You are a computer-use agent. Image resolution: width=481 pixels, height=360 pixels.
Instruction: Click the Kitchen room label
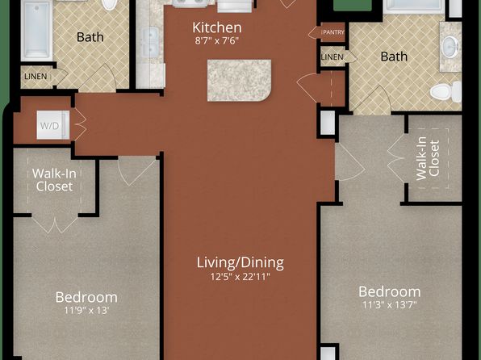pos(217,27)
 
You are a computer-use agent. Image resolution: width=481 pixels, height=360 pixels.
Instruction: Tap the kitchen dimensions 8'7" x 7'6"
pos(217,41)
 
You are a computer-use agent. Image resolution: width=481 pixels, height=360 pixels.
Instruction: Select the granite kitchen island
pos(239,81)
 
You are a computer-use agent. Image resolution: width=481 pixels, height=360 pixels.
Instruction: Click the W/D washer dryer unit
pos(53,125)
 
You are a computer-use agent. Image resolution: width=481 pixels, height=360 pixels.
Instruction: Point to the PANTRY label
pos(333,32)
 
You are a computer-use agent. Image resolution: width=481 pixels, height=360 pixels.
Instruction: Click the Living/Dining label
pos(240,262)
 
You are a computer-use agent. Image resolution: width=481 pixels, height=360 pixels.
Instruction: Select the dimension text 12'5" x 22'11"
pos(240,277)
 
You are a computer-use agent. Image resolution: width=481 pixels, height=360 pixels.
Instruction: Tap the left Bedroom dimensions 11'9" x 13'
pos(86,311)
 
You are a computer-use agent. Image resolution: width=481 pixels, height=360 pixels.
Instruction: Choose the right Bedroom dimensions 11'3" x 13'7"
pos(390,305)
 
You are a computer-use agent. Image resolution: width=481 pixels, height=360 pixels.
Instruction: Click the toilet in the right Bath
pos(445,92)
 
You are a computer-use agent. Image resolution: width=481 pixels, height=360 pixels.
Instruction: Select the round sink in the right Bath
pos(450,47)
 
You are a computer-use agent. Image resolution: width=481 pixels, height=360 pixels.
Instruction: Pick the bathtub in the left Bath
pos(36,30)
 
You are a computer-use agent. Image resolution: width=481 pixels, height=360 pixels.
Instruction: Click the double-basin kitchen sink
pos(150,42)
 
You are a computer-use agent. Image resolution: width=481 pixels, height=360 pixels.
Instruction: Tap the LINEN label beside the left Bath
pos(36,76)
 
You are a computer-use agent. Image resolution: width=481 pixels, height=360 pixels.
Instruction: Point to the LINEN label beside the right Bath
pos(333,57)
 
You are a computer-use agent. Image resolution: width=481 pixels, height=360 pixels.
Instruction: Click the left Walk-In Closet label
pos(54,180)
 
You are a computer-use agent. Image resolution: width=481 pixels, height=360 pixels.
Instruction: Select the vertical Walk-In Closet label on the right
pos(428,158)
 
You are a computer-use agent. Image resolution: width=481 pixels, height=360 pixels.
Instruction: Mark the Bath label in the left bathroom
pos(90,37)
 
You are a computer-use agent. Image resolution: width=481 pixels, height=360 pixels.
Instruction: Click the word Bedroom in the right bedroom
pos(390,291)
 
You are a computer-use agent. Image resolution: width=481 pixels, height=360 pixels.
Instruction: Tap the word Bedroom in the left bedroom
pos(86,297)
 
